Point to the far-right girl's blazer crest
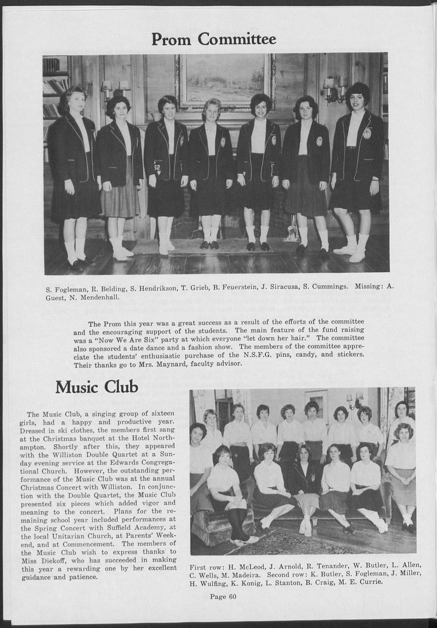click(x=366, y=133)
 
